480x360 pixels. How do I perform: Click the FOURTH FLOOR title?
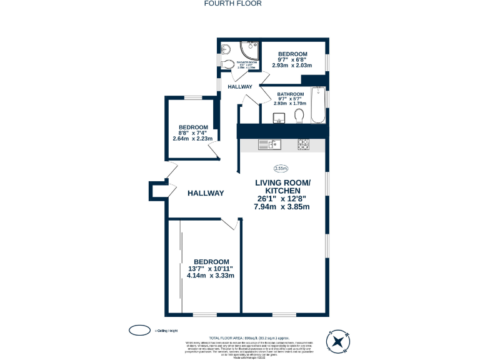[232, 3]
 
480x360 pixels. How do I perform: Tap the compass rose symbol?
[338, 341]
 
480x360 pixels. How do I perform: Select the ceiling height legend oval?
[139, 330]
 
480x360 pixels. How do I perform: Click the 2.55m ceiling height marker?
[281, 168]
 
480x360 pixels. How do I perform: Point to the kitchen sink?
[270, 145]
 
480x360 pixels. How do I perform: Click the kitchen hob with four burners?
[303, 144]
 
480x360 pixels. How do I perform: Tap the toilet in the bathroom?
[299, 116]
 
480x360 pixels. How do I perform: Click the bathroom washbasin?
[277, 117]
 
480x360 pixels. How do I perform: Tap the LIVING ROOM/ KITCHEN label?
[282, 186]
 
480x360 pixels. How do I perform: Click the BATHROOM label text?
[290, 94]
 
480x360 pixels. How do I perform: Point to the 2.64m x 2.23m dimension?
[192, 139]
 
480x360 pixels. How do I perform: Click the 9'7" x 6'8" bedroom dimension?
[292, 60]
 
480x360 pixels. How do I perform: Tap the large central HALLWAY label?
[206, 193]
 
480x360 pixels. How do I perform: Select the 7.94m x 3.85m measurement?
[282, 206]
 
